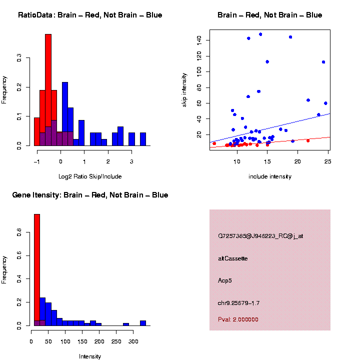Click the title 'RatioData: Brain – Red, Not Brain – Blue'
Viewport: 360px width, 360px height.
(x=90, y=15)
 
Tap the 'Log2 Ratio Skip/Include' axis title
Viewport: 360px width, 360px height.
(x=90, y=176)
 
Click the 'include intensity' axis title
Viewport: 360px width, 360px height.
(x=270, y=176)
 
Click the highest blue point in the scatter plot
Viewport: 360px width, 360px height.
(x=260, y=34)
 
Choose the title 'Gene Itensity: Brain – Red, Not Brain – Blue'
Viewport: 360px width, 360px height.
(x=90, y=195)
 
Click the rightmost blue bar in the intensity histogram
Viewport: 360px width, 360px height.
(x=143, y=323)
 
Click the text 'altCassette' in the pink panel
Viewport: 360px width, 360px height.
(x=233, y=258)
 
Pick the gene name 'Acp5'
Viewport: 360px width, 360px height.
(x=225, y=280)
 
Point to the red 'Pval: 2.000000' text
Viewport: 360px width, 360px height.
(x=238, y=319)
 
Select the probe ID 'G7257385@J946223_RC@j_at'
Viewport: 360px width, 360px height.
(x=260, y=236)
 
